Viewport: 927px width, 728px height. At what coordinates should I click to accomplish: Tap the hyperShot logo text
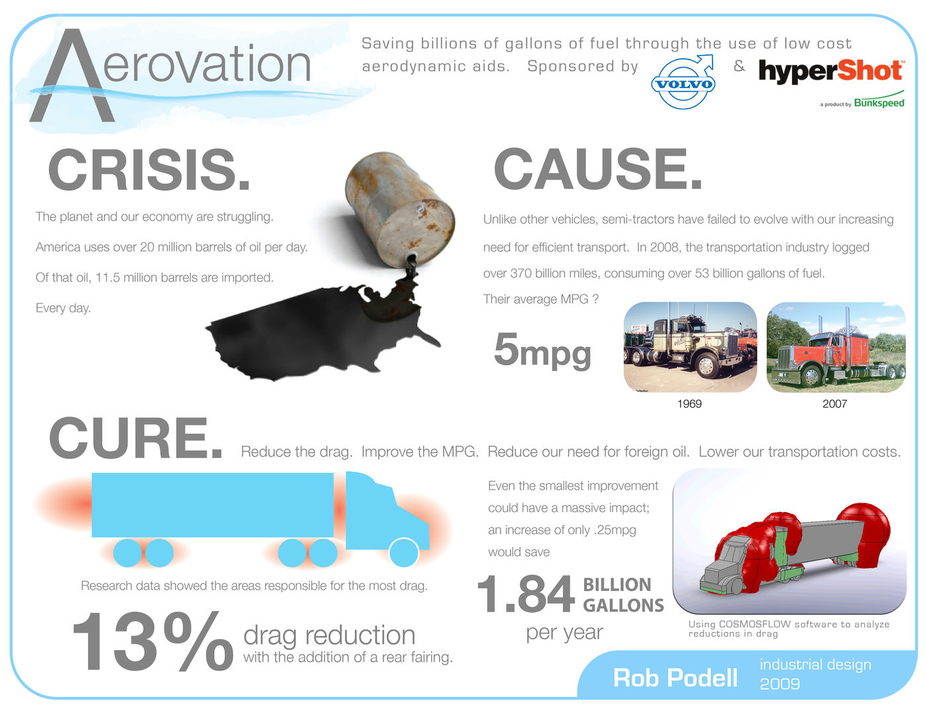point(830,71)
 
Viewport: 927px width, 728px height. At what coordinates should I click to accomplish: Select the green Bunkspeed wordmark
point(879,103)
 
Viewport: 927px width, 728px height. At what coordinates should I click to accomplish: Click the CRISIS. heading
point(149,169)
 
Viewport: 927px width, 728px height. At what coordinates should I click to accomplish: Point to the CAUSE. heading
point(598,169)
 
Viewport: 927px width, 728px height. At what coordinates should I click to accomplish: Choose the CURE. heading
point(136,437)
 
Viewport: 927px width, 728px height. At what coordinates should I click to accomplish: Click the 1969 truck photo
point(690,347)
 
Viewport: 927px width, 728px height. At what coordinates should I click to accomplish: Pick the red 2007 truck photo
point(836,347)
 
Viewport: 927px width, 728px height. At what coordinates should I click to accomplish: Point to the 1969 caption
point(689,403)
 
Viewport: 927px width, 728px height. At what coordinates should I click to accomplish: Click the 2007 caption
point(834,403)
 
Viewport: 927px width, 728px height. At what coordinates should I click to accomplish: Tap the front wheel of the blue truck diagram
point(403,553)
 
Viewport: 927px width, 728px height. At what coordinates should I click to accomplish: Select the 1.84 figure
point(526,593)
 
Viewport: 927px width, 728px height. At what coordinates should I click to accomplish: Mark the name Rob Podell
point(675,678)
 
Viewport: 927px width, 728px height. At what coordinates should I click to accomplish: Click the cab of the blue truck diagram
point(386,511)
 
